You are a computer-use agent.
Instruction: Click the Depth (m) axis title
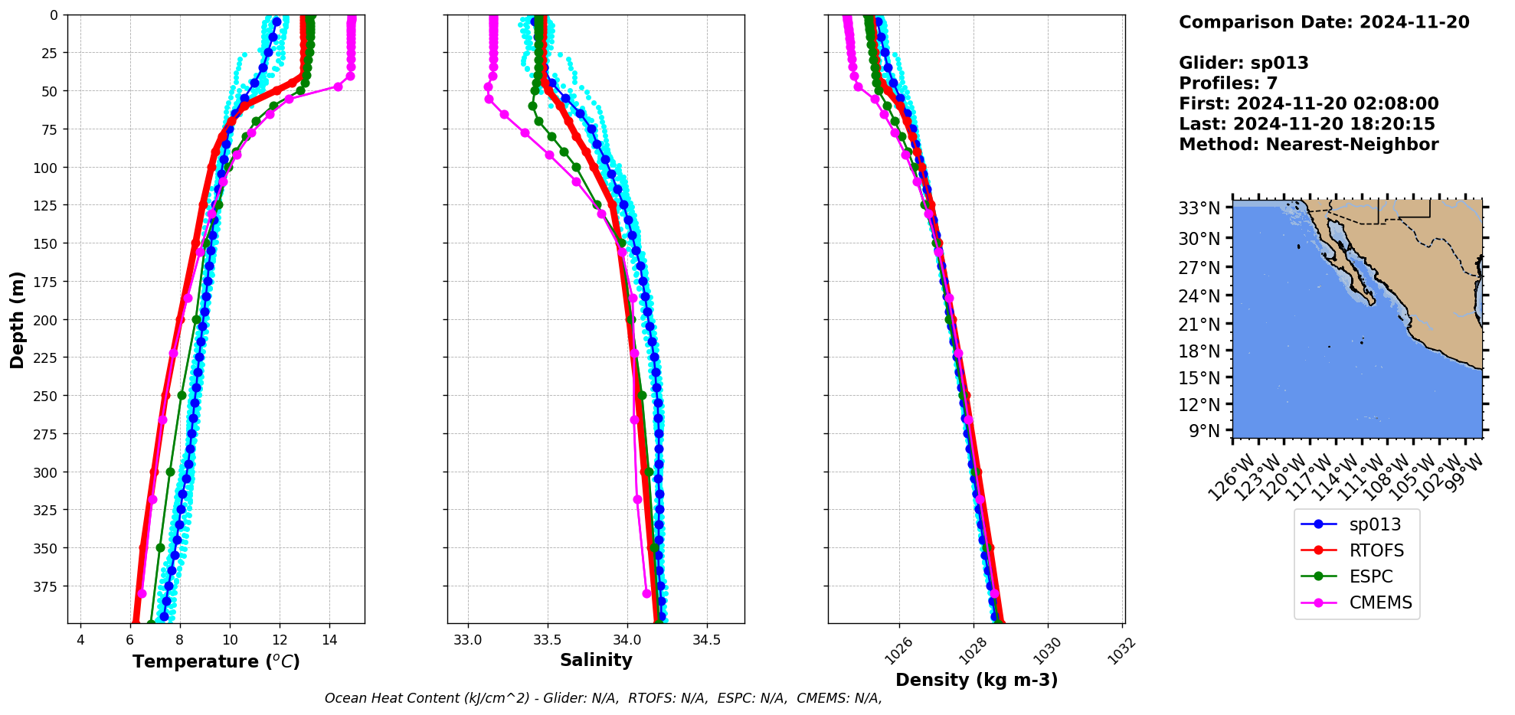coord(17,319)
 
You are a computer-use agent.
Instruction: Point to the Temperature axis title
coord(216,661)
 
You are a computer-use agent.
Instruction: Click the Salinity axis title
coord(596,660)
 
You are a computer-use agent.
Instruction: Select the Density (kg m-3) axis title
coord(977,680)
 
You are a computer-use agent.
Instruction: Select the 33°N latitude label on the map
coord(1199,208)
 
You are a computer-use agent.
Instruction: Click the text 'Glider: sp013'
coord(1243,63)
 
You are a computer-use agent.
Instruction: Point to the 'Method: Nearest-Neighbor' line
coord(1308,144)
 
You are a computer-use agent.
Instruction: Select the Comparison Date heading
coord(1324,22)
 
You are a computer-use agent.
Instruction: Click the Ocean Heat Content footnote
coord(603,698)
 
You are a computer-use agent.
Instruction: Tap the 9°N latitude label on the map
coord(1204,431)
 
